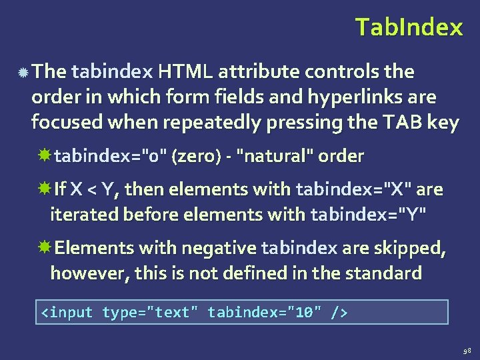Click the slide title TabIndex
(408, 27)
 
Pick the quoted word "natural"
(275, 157)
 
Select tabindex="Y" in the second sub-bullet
(367, 215)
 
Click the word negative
(219, 248)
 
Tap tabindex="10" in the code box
(265, 312)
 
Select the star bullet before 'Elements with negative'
(45, 248)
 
